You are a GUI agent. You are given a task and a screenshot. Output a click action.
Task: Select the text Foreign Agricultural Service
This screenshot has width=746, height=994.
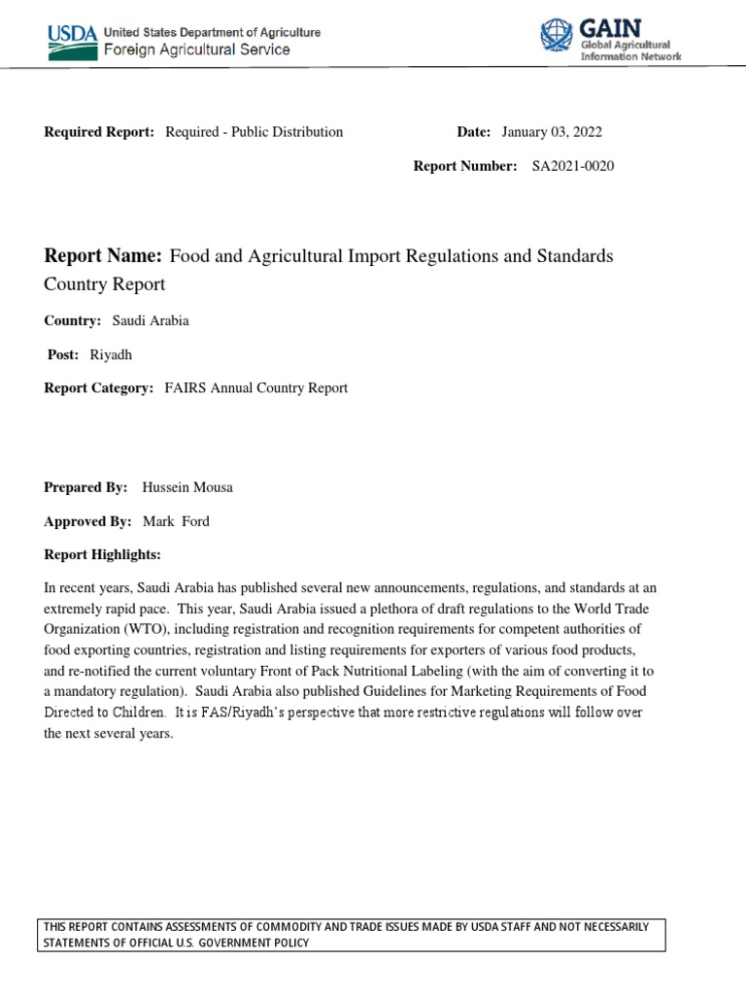point(196,50)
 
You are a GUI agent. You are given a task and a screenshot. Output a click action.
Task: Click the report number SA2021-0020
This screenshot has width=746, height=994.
point(572,166)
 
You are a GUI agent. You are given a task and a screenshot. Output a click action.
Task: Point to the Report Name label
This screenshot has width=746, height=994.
point(103,256)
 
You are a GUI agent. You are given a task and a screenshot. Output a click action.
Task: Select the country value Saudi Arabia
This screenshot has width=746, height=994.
point(151,321)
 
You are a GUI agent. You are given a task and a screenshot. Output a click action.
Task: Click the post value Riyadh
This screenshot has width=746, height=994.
point(110,354)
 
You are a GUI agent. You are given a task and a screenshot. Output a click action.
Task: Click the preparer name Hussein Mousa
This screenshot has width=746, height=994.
point(187,487)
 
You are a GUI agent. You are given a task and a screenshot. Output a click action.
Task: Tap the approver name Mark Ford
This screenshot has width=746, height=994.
point(176,521)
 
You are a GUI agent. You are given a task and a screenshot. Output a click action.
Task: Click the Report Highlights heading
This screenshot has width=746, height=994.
point(102,554)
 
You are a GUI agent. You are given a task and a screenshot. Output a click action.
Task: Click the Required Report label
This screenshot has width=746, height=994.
point(99,132)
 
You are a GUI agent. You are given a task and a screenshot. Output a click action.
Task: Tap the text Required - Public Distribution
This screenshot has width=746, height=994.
point(254,132)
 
